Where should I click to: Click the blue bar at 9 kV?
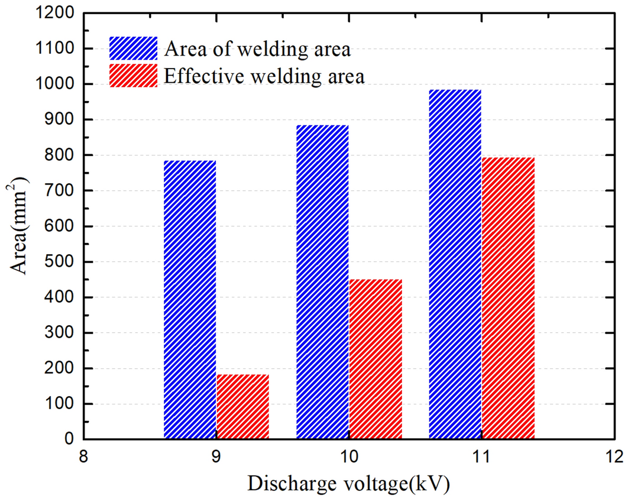[190, 300]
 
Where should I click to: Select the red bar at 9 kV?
[242, 407]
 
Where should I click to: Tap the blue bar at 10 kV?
[322, 282]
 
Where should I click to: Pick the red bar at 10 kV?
[375, 359]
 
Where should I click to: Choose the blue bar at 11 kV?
[455, 264]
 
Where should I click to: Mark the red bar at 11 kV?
[508, 298]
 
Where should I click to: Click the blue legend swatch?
[134, 48]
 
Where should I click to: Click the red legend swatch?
[134, 76]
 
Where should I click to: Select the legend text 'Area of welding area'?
[258, 48]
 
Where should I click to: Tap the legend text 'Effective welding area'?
[264, 76]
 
